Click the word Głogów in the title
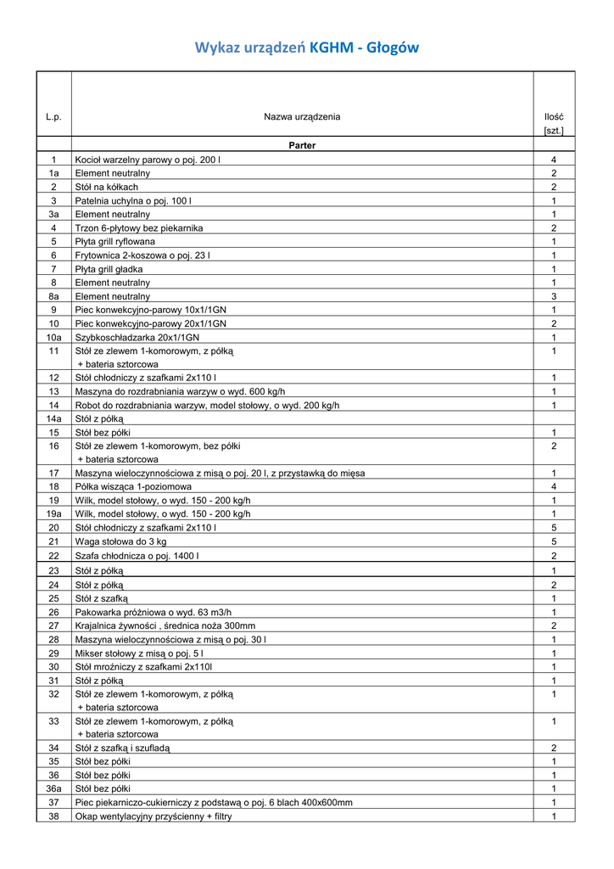[391, 48]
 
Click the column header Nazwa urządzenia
[302, 116]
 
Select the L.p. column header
[53, 116]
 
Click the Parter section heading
[302, 145]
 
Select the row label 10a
[53, 337]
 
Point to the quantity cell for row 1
[554, 160]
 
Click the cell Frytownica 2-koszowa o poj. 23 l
[143, 255]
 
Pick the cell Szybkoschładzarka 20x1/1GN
[137, 337]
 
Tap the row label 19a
[53, 513]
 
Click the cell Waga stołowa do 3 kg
[121, 541]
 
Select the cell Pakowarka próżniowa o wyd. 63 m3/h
[153, 612]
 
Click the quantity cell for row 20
[554, 527]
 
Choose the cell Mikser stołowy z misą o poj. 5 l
[139, 653]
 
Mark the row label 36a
[53, 788]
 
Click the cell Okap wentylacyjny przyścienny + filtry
[153, 816]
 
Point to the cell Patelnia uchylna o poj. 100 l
[134, 200]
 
